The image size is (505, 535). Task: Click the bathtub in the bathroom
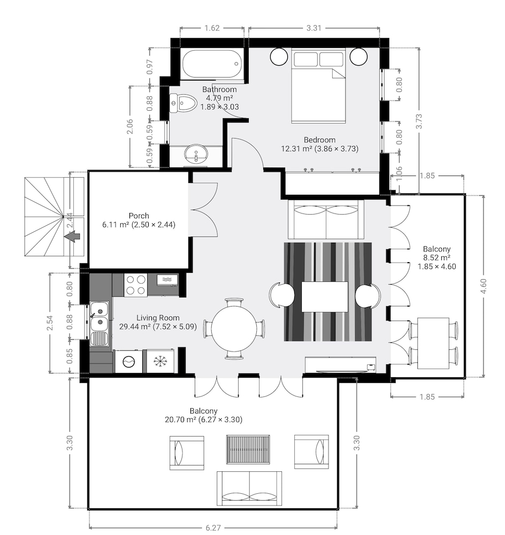click(212, 64)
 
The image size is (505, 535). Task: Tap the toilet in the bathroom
click(183, 103)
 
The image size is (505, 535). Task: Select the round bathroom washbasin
click(196, 154)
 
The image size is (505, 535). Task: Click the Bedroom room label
click(320, 140)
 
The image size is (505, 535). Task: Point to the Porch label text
click(139, 216)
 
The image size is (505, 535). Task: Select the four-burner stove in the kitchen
click(135, 285)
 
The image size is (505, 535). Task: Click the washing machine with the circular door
click(128, 361)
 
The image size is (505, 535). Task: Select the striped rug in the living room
click(328, 292)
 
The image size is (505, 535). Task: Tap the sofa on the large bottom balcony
click(249, 488)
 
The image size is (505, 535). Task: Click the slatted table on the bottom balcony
click(248, 449)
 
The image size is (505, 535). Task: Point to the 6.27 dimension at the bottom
click(213, 528)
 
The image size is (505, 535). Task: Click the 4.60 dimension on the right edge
click(483, 286)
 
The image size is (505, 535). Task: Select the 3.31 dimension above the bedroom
click(314, 28)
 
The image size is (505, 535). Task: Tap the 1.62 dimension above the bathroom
click(212, 28)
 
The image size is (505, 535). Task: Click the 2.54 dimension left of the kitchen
click(50, 323)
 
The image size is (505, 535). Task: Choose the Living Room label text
click(158, 318)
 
